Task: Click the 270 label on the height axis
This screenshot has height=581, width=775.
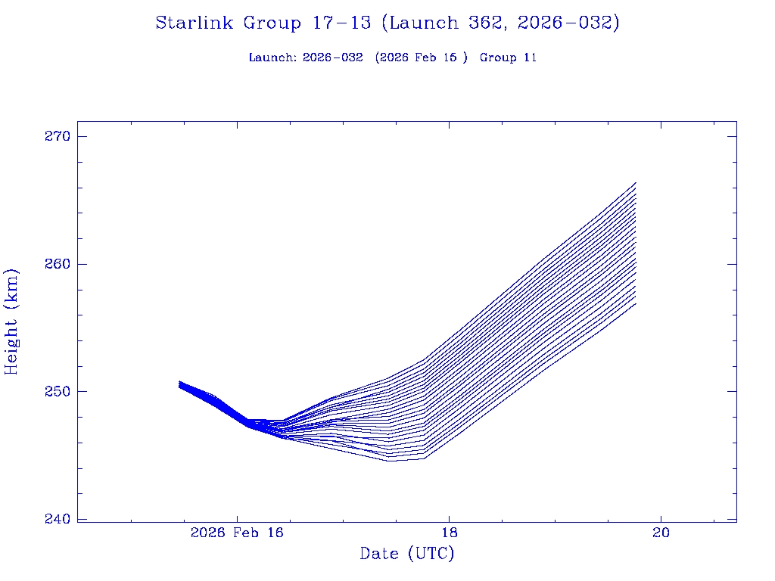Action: [x=57, y=137]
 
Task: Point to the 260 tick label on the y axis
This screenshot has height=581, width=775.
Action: [x=57, y=264]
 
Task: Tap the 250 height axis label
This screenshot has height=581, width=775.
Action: [x=57, y=392]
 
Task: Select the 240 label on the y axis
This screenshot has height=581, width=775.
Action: [x=57, y=519]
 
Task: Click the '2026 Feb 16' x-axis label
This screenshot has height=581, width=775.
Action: [x=237, y=533]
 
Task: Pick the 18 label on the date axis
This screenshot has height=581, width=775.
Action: [x=449, y=533]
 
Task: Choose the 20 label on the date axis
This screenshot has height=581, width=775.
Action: [x=661, y=533]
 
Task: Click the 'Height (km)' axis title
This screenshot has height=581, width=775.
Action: [x=11, y=322]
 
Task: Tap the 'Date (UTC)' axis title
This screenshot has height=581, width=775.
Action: [x=407, y=554]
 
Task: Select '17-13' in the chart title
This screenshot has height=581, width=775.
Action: [x=341, y=23]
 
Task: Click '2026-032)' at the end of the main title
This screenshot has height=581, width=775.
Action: [x=568, y=23]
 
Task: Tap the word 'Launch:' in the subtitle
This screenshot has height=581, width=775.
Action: [x=272, y=57]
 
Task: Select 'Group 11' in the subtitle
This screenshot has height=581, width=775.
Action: [x=508, y=57]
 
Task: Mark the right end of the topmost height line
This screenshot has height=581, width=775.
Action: [x=636, y=182]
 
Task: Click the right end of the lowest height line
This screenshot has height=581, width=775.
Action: [x=636, y=303]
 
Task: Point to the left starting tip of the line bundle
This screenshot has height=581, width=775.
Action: [x=179, y=384]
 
